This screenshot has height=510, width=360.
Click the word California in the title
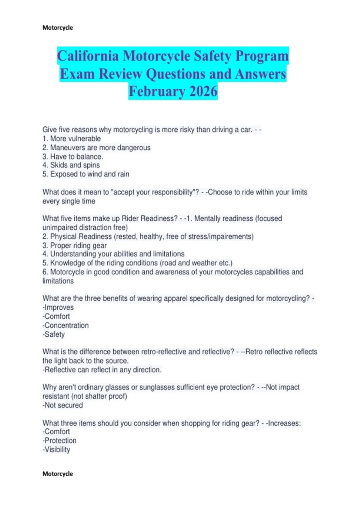click(x=88, y=56)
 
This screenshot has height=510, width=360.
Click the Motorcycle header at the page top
click(x=58, y=28)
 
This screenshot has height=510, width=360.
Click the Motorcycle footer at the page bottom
click(x=58, y=474)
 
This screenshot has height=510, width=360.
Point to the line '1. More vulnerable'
click(x=71, y=139)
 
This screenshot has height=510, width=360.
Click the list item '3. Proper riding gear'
click(x=74, y=245)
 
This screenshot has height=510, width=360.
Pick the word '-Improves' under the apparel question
click(x=58, y=307)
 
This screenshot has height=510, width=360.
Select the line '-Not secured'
click(x=62, y=405)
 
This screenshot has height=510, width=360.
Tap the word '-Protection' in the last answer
click(x=59, y=440)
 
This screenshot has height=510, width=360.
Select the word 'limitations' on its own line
click(x=58, y=281)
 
